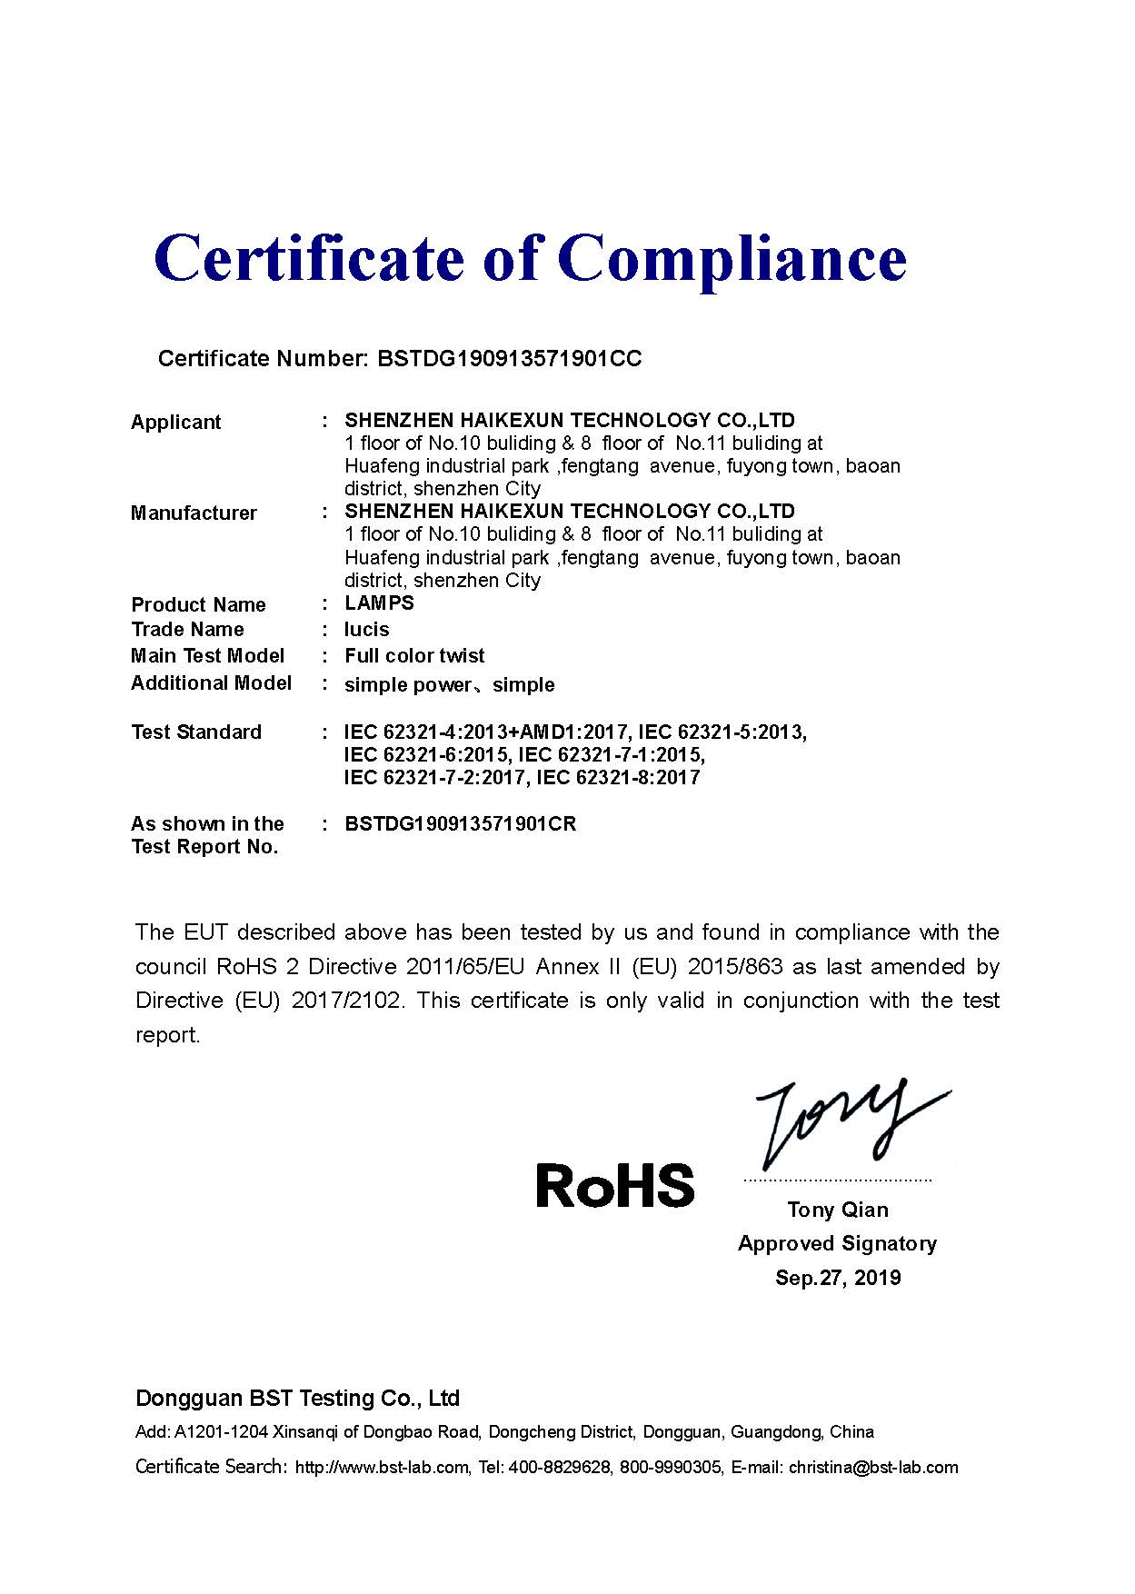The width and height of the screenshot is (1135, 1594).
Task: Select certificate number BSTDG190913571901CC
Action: [509, 359]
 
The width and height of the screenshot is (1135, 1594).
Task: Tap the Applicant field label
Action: [175, 422]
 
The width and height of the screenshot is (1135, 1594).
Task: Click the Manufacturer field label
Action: [194, 513]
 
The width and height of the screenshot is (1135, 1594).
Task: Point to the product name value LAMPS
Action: [379, 603]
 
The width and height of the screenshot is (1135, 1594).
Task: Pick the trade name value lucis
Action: [366, 629]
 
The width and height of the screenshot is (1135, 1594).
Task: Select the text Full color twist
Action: [414, 655]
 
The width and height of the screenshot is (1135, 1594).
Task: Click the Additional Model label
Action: [211, 682]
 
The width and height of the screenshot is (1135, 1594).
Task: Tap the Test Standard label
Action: [195, 732]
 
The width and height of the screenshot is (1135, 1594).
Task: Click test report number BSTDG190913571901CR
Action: [460, 823]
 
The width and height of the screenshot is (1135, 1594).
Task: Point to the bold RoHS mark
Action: [614, 1185]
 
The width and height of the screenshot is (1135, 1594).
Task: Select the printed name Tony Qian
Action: [837, 1209]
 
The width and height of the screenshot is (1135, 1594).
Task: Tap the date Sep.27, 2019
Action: [837, 1278]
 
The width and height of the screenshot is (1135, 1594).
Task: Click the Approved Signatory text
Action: [837, 1243]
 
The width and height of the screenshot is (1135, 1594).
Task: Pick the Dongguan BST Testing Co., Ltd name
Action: [297, 1398]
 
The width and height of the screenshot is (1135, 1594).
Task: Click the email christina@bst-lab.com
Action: [872, 1467]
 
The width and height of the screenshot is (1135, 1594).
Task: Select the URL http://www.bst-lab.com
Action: [383, 1467]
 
